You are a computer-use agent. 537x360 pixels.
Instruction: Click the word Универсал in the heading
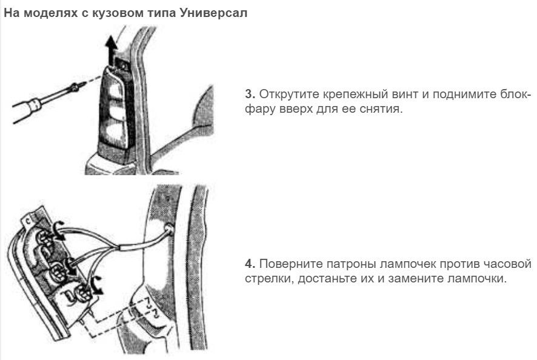tap(213, 13)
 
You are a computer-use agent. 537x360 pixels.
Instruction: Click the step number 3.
tap(250, 94)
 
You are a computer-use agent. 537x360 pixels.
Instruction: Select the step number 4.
tap(250, 264)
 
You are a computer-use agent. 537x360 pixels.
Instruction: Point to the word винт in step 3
tap(405, 94)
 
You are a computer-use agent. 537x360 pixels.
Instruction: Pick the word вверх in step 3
tap(295, 109)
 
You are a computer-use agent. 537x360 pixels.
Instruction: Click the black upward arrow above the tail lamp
tap(111, 49)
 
